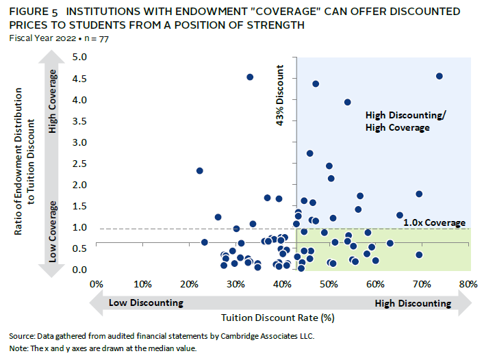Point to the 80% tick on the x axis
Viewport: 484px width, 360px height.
coord(469,284)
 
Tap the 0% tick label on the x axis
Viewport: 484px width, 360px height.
coord(96,284)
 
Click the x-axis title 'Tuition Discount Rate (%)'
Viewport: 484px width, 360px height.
coord(277,318)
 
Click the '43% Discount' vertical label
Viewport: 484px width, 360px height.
coord(280,97)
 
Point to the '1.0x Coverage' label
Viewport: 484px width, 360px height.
coord(434,223)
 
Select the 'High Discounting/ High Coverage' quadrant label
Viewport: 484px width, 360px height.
coord(405,121)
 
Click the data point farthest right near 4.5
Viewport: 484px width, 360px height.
coord(440,76)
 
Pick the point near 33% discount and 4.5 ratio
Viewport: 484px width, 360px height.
coord(250,77)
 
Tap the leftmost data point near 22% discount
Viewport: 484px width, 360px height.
coord(200,170)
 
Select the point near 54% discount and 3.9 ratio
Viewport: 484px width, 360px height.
coord(348,102)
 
